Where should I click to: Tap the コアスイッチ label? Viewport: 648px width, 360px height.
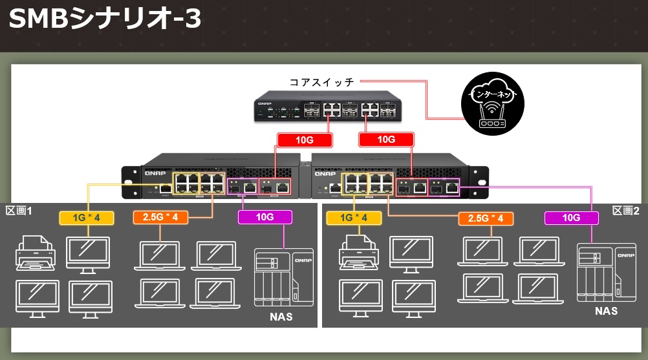[321, 82]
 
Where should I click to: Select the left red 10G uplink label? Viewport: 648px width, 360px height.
[304, 139]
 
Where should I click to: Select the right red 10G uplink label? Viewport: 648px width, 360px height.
[386, 139]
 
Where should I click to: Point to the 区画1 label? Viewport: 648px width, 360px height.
[19, 211]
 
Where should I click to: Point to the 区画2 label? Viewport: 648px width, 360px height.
[625, 211]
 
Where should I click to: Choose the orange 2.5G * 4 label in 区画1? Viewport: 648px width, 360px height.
[160, 217]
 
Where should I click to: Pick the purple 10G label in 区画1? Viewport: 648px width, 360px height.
[265, 217]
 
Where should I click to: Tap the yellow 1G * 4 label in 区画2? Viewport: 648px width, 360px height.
[356, 218]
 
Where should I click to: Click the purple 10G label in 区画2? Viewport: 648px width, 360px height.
[571, 218]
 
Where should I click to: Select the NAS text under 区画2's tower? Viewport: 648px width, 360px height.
[606, 311]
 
